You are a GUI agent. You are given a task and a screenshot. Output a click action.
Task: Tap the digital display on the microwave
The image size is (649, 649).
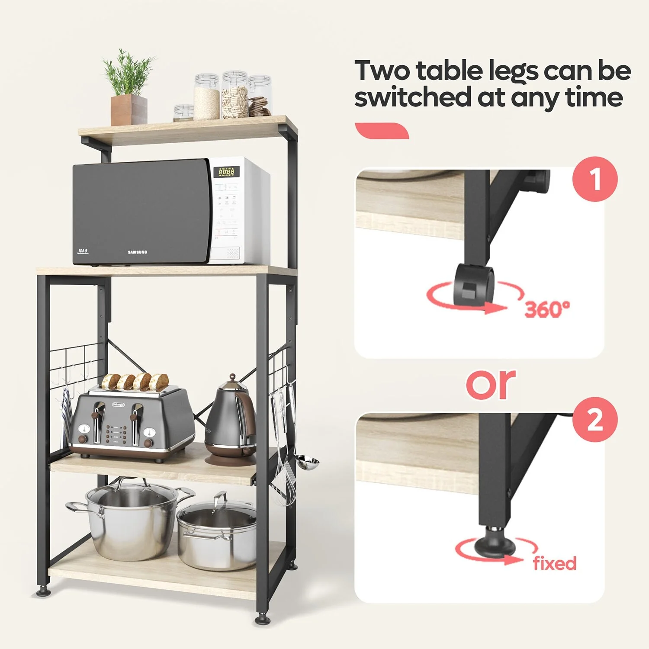(226, 172)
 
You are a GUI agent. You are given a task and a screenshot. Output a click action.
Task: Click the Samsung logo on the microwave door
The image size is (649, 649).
(137, 252)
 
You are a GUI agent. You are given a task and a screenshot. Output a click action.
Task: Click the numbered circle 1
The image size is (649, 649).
(595, 179)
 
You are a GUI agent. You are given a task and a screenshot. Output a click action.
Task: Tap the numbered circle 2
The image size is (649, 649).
(595, 419)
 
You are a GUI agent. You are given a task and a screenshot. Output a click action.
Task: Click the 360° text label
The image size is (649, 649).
(547, 309)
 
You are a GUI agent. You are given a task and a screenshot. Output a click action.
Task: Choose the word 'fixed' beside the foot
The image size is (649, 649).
(555, 563)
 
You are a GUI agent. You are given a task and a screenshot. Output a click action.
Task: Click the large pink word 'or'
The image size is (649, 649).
(491, 384)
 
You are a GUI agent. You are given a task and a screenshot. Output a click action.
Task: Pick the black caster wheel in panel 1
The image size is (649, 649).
(474, 283)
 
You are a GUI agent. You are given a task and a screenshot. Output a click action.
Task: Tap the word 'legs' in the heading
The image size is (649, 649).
(513, 71)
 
